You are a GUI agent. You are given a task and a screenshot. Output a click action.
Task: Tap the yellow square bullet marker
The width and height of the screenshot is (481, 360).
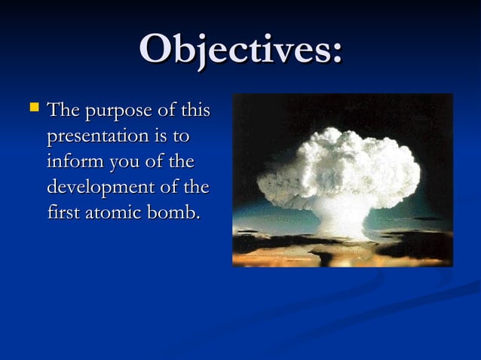(32, 109)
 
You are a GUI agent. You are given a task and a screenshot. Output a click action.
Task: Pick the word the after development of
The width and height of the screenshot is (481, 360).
(195, 187)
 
